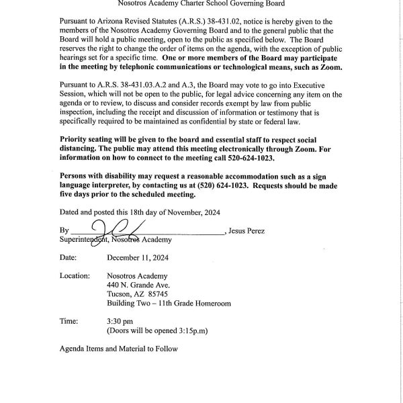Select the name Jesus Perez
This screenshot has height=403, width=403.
[x=247, y=231]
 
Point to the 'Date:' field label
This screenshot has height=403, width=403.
[x=69, y=257]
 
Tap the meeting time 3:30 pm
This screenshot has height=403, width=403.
[x=120, y=322]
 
